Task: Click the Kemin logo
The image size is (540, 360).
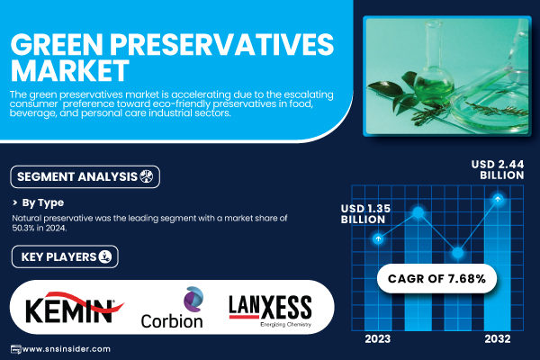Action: click(75, 308)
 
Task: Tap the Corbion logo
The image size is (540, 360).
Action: click(172, 308)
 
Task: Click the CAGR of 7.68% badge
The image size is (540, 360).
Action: click(436, 278)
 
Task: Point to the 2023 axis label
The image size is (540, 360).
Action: click(378, 339)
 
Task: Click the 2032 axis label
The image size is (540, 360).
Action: click(498, 339)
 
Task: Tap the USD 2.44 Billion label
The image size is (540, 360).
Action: click(498, 169)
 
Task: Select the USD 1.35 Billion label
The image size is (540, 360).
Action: click(365, 214)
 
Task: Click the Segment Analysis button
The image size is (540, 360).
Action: click(85, 176)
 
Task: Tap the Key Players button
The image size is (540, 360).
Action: click(65, 256)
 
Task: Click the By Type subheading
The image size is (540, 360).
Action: click(42, 202)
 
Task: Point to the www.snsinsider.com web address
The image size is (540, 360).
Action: click(66, 349)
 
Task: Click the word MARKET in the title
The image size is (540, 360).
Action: click(70, 70)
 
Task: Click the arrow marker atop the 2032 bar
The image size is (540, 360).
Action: click(498, 199)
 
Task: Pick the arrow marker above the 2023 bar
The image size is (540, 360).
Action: click(378, 238)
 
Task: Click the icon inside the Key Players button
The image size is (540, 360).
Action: click(105, 256)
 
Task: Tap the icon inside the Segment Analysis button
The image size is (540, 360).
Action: click(147, 176)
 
